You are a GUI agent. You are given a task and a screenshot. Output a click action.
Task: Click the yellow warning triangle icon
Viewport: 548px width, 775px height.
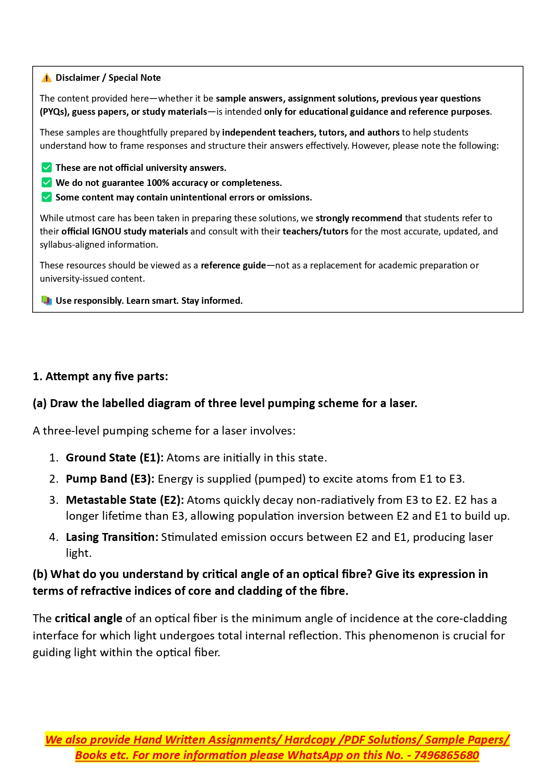pos(46,78)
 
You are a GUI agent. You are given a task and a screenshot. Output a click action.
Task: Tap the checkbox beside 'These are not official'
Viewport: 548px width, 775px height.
pos(46,168)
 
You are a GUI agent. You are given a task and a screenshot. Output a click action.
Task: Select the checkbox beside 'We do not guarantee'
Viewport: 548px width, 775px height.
pos(46,183)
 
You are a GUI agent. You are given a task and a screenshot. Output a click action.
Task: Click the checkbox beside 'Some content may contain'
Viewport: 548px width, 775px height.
pos(46,197)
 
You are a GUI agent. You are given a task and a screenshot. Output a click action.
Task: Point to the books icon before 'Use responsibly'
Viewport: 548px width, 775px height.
pos(46,301)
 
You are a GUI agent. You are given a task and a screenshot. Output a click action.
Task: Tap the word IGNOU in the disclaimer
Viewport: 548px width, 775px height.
pos(106,231)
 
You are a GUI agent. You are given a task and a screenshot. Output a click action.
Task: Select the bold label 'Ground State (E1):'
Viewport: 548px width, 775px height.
pos(114,458)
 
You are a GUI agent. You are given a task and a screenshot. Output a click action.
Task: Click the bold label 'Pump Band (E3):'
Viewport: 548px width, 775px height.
pos(110,479)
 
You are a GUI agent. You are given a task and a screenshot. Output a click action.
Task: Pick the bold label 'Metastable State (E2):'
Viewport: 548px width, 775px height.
pos(125,500)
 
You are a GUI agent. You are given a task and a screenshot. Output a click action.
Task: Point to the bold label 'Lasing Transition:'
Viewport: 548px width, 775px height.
pos(112,537)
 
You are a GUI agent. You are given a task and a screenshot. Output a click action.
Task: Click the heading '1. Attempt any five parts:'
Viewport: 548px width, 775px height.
pos(100,377)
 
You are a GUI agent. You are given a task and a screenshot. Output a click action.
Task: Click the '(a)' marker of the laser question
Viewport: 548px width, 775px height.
pos(40,404)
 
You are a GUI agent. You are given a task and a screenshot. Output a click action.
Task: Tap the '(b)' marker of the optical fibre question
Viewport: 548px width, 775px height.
pos(40,575)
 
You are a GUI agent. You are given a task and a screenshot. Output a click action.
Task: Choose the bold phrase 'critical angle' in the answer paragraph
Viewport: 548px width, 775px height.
pos(88,619)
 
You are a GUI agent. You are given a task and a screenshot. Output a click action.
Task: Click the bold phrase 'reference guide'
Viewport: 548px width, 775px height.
pos(233,265)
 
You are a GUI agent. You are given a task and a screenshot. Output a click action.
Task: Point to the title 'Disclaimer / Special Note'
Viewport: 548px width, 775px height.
pos(108,78)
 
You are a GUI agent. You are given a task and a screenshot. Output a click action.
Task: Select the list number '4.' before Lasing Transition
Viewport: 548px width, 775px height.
pos(54,537)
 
